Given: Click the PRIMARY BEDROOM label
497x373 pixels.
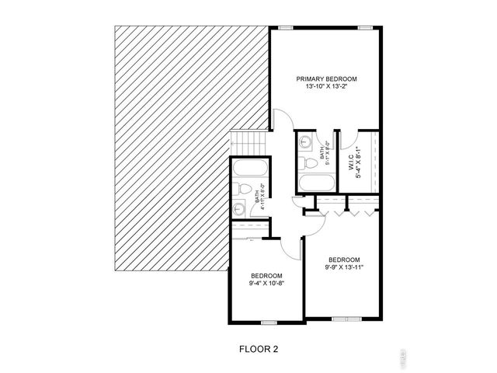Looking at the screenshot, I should click(326, 79).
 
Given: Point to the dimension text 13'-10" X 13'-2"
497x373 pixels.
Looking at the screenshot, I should click(326, 87).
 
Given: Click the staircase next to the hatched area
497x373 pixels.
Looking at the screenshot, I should click(250, 143).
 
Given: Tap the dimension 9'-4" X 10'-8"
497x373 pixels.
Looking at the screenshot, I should click(266, 284).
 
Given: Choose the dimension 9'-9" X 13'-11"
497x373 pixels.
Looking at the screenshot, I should click(343, 267).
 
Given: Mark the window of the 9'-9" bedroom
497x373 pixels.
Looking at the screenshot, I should click(342, 317).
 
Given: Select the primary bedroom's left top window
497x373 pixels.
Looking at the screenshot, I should click(287, 28).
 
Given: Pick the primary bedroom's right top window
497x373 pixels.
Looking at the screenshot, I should click(364, 28).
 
